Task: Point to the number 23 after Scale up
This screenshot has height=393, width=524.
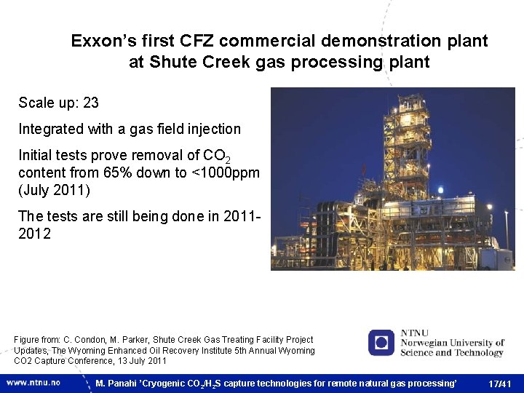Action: click(91, 103)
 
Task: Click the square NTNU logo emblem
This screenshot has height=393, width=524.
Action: click(381, 343)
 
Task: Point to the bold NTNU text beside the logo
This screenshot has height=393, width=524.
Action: click(415, 333)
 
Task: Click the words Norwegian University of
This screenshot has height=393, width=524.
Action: click(453, 343)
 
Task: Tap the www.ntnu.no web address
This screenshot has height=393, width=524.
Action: click(33, 382)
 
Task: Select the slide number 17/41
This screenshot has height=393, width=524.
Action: click(500, 384)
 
